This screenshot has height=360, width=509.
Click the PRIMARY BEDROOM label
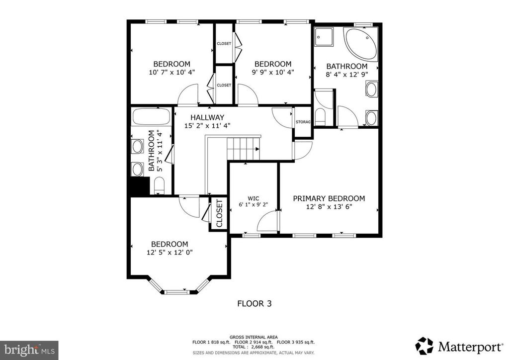pos(329,198)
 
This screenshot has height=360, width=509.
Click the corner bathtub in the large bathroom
pos(361,43)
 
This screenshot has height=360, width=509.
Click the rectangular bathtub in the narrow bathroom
pos(151,118)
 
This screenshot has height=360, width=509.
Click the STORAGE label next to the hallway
pos(303,122)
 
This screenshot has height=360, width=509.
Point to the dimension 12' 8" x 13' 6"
pos(329,207)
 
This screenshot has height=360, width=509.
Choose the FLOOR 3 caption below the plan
pos(254,303)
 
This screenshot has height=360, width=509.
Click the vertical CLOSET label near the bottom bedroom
pos(218,214)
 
